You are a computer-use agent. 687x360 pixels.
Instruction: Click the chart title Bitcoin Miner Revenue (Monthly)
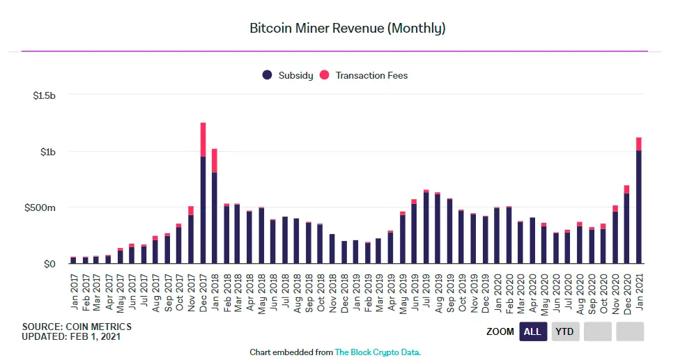(x=347, y=29)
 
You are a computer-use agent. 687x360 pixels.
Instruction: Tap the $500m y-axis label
(x=40, y=208)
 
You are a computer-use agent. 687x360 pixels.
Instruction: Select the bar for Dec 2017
(x=203, y=209)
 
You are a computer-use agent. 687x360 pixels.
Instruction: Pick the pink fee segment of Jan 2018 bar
(x=215, y=160)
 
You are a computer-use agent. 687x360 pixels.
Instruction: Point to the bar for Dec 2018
(x=344, y=252)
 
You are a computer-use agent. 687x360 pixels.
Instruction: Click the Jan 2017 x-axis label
(x=73, y=292)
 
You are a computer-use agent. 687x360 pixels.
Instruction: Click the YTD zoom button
(x=564, y=331)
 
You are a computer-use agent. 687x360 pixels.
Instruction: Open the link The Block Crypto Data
(x=377, y=352)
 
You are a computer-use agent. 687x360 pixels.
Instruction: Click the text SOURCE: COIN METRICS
(x=77, y=327)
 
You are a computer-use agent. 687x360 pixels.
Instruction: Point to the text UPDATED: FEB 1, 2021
(x=72, y=337)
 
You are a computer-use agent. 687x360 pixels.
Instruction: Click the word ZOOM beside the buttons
(x=500, y=332)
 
